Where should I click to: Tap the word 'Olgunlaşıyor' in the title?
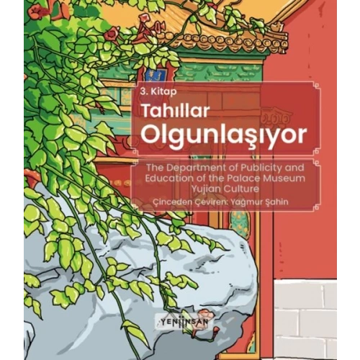pos(215,135)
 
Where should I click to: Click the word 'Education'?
pos(167,179)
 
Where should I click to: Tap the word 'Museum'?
pos(287,179)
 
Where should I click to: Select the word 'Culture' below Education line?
pos(238,189)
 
